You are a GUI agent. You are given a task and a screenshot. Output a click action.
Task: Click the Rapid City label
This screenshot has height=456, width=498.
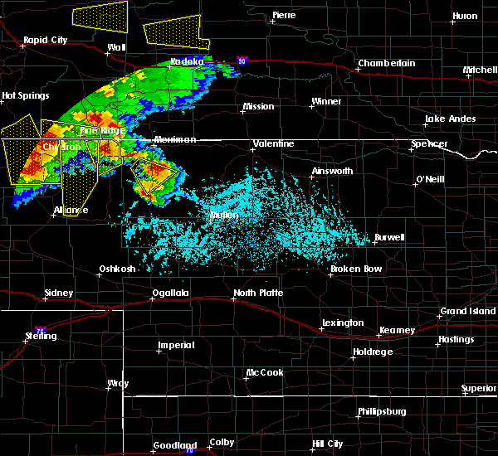coord(46,39)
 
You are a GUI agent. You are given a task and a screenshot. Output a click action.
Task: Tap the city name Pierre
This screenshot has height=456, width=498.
coord(285,16)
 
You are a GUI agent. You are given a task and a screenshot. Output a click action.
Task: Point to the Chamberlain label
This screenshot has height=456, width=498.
coord(384,64)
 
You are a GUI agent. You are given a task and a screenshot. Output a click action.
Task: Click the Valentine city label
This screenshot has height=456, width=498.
coord(274,144)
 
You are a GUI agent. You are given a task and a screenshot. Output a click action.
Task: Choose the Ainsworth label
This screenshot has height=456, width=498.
coord(331,172)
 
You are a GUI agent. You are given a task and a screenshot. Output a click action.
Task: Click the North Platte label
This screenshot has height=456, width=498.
coord(258,293)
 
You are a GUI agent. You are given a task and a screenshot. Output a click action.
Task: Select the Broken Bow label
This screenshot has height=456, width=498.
coord(356,269)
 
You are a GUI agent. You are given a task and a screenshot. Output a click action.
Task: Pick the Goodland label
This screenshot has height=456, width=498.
coord(173,445)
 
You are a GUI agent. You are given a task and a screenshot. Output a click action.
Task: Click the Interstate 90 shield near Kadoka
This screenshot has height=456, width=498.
coord(241,61)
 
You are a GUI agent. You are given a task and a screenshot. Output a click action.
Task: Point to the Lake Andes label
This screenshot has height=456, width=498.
coord(450,119)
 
